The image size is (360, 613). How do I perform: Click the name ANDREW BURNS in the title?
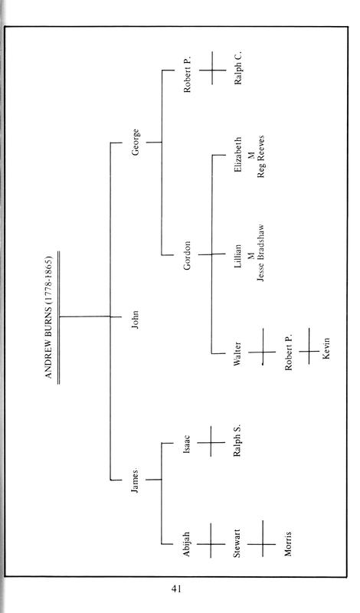[49, 339]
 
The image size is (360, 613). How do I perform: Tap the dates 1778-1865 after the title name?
[49, 277]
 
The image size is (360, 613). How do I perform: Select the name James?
[136, 480]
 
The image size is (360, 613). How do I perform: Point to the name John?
[136, 320]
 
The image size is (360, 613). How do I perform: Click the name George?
[136, 143]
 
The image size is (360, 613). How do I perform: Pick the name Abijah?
[186, 543]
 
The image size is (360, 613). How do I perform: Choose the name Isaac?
[186, 444]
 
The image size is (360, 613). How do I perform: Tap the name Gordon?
[187, 256]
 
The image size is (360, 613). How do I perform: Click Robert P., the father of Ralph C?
[187, 74]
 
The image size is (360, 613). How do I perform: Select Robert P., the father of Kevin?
[289, 352]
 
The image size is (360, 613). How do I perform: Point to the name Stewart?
[237, 543]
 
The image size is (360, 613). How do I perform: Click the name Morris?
[288, 543]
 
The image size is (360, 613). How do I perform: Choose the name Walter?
[237, 354]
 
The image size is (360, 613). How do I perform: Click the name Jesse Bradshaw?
[261, 253]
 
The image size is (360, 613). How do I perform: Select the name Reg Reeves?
[261, 156]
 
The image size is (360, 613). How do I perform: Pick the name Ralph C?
[237, 67]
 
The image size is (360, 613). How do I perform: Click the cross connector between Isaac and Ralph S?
[211, 442]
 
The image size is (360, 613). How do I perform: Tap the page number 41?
[176, 588]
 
